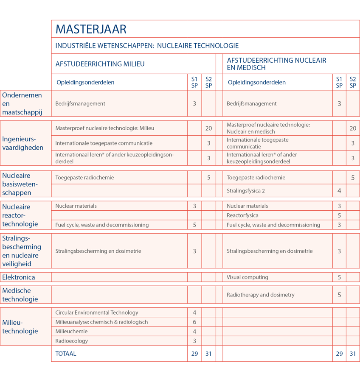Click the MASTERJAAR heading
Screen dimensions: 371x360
tap(91, 29)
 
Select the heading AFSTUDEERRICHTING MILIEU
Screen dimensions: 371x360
tap(100, 64)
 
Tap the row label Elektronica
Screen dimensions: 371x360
tap(19, 277)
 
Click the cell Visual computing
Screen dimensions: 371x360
tap(247, 277)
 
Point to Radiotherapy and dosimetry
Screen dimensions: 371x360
tap(260, 295)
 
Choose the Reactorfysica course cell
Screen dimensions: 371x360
tap(242, 215)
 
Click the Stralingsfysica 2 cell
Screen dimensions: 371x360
tap(246, 191)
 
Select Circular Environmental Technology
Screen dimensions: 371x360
tap(97, 312)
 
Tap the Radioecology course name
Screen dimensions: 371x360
tap(72, 340)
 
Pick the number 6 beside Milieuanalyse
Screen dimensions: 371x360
tap(194, 322)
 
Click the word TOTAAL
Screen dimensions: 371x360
tap(66, 353)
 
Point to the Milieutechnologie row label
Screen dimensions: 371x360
tap(20, 327)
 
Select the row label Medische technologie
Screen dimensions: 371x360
tap(20, 295)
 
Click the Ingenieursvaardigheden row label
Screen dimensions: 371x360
tap(23, 143)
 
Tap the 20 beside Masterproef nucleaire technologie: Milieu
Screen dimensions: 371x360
tap(208, 128)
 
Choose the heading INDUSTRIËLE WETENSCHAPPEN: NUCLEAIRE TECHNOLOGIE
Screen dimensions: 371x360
tap(147, 46)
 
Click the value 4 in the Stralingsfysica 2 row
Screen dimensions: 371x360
tap(339, 191)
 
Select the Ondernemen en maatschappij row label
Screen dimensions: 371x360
tap(22, 103)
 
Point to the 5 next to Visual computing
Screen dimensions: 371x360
tap(339, 277)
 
